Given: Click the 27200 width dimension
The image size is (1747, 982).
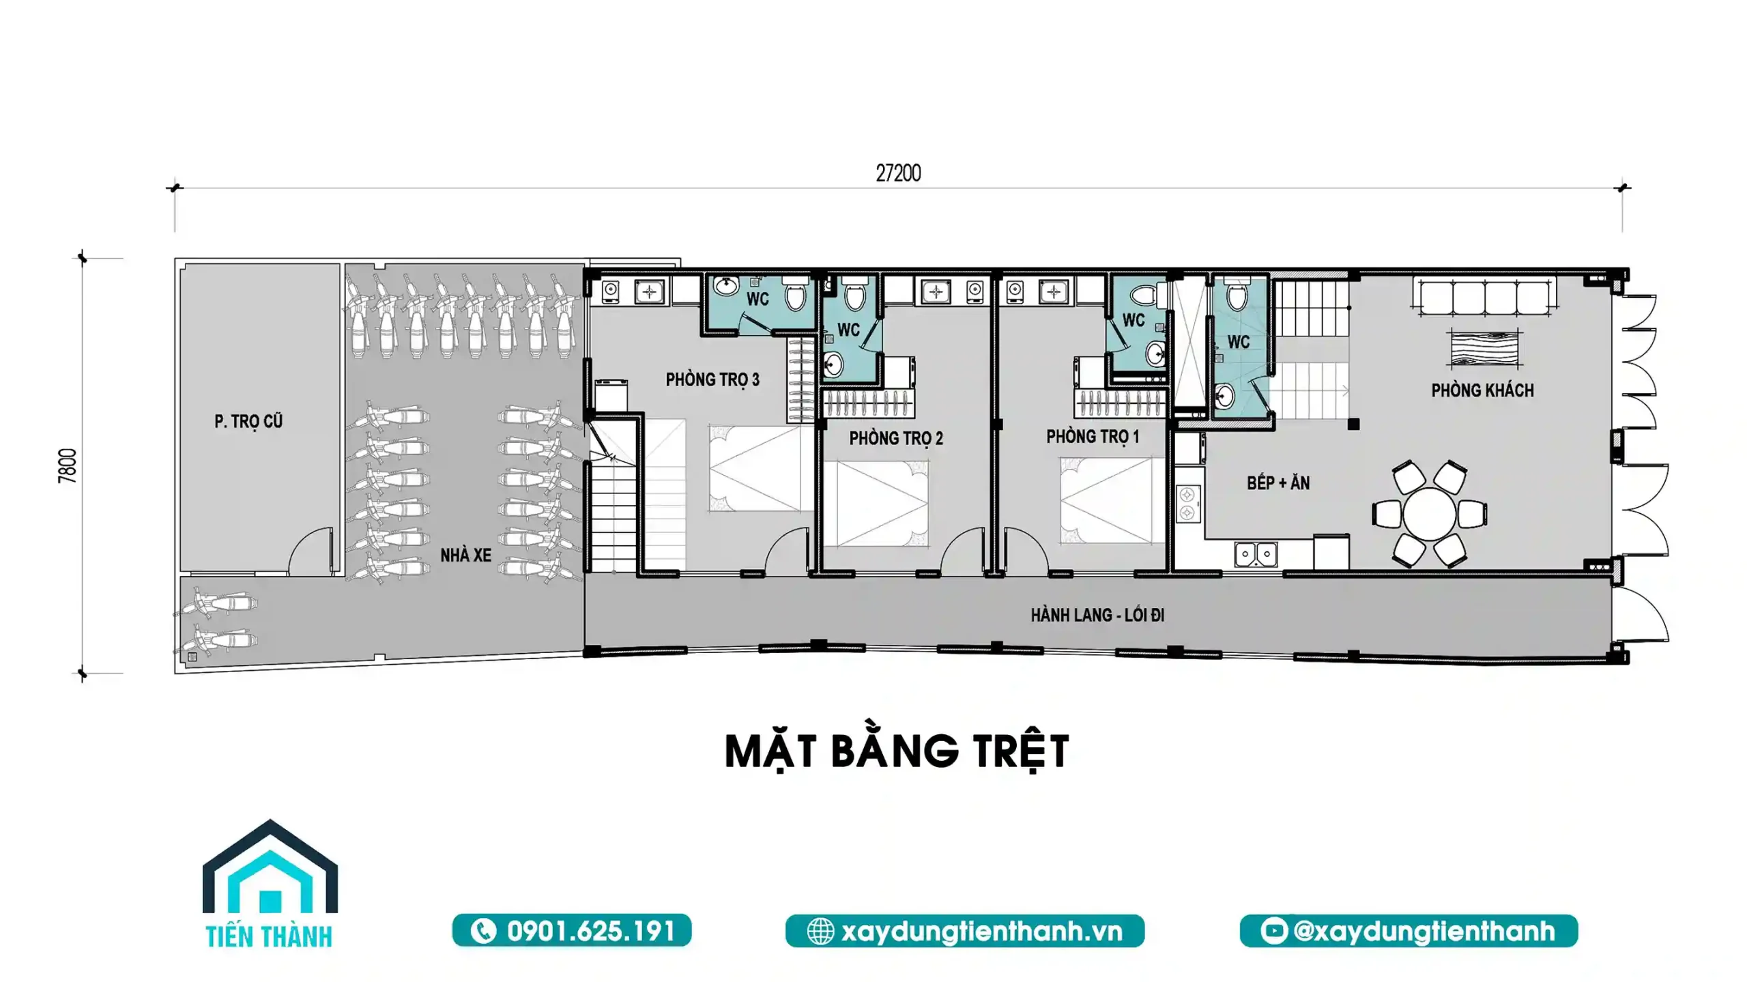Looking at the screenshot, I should click(898, 173).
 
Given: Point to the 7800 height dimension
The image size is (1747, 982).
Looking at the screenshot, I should click(68, 466).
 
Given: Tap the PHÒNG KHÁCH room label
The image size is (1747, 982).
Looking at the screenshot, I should click(1482, 390).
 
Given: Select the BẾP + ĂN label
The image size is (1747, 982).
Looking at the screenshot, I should click(1278, 483).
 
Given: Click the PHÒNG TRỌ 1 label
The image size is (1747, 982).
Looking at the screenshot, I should click(1093, 436).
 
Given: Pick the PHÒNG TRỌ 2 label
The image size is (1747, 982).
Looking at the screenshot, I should click(896, 438).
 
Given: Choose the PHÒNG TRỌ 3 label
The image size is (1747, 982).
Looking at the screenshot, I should click(712, 379).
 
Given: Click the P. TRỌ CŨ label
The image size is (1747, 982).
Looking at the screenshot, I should click(248, 421).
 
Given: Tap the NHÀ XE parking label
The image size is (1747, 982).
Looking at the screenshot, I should click(465, 555).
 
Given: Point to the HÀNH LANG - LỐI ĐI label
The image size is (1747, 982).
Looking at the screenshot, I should click(1097, 615).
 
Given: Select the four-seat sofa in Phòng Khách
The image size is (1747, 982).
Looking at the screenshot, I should click(1484, 295).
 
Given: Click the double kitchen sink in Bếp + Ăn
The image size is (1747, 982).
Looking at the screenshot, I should click(1256, 554).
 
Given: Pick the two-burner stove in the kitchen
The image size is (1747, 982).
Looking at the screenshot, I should click(1188, 502).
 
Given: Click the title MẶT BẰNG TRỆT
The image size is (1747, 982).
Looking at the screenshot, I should click(897, 752).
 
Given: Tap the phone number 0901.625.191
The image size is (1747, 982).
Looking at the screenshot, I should click(572, 931).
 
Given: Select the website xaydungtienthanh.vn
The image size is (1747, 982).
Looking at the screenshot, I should click(965, 931).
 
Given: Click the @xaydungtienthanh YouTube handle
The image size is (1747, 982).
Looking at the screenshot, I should click(1409, 931).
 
